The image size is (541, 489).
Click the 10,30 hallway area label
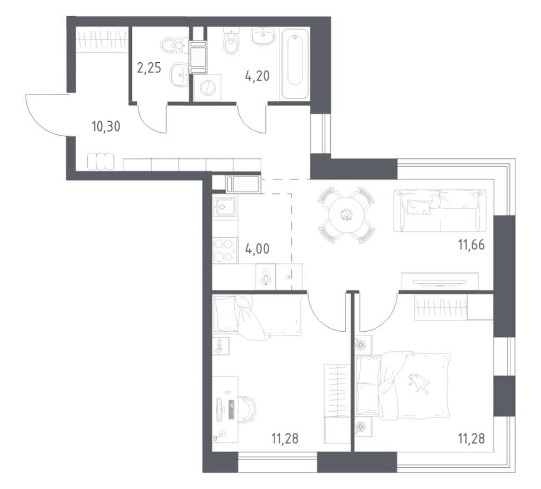tap(106, 127)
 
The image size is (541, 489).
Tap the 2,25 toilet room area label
tap(149, 68)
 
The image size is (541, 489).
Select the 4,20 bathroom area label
tap(257, 76)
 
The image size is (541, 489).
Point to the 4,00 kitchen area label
tap(257, 248)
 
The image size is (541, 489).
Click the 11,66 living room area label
tap(471, 245)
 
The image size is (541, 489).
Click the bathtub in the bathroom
tap(295, 64)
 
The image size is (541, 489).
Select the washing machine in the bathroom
tap(207, 88)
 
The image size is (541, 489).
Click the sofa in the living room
tap(440, 211)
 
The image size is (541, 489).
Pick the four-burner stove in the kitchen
tap(225, 251)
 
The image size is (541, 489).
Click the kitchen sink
tap(225, 207)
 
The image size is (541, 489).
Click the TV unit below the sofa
tap(440, 281)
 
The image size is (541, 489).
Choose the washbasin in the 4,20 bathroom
tap(263, 36)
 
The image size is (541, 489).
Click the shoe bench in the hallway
tap(101, 161)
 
